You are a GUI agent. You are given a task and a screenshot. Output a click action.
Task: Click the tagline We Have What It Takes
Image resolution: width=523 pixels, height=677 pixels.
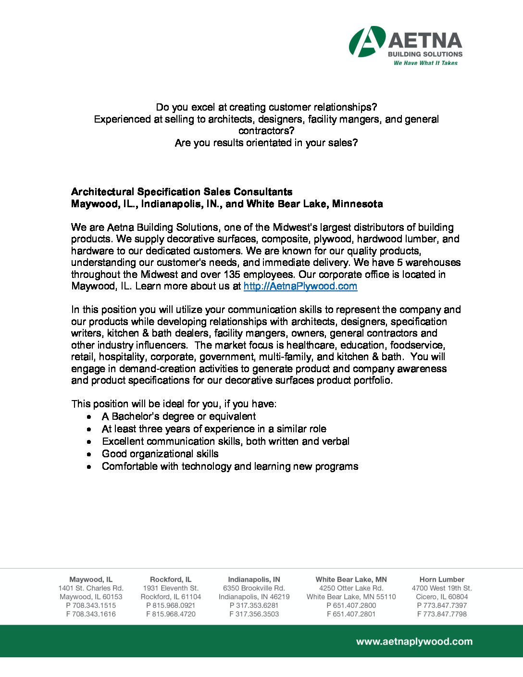425,63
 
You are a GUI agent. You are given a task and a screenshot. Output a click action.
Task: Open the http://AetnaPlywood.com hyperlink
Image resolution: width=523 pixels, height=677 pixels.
300,287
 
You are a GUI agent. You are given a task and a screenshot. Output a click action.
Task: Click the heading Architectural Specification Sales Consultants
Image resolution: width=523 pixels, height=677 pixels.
182,192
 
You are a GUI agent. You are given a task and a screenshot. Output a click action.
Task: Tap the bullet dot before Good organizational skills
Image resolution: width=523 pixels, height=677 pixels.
89,454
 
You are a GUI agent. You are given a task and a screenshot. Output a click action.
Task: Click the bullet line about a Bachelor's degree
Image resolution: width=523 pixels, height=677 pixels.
179,416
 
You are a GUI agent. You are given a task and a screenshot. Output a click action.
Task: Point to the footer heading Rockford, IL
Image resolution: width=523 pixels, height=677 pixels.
171,579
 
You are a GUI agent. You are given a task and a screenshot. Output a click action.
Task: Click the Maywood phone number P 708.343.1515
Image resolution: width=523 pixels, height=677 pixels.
91,605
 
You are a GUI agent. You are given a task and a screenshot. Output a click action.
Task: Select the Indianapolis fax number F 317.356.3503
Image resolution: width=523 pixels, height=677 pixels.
254,614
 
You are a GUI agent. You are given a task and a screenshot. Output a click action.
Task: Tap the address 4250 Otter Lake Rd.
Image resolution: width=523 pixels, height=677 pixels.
351,588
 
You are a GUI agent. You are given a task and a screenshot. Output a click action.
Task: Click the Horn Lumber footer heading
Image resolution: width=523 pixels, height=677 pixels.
442,579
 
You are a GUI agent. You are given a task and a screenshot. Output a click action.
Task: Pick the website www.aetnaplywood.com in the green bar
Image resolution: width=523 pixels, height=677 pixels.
414,641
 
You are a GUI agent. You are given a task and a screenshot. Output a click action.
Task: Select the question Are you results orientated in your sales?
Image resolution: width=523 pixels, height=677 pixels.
266,143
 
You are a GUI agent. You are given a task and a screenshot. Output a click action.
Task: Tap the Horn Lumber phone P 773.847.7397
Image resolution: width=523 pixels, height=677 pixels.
442,605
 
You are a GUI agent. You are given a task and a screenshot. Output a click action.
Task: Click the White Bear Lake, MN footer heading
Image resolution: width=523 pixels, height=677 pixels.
351,579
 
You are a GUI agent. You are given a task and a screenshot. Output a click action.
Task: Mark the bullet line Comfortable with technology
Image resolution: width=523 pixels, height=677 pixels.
230,466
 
